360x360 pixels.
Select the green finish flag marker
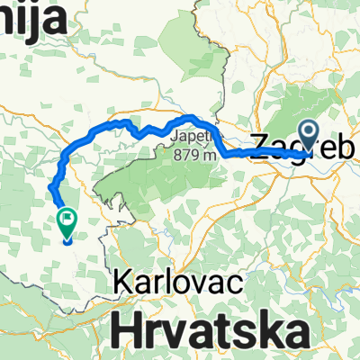[x=67, y=221]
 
